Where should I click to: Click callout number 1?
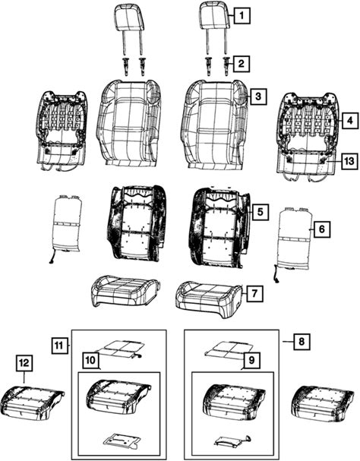pyautogui.click(x=242, y=15)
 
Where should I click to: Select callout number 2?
pyautogui.click(x=242, y=64)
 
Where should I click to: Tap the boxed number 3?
pyautogui.click(x=258, y=96)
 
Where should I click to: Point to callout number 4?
pyautogui.click(x=350, y=120)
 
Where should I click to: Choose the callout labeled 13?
pyautogui.click(x=349, y=161)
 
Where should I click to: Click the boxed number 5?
pyautogui.click(x=260, y=212)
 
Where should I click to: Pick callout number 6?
pyautogui.click(x=322, y=229)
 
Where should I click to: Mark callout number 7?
pyautogui.click(x=254, y=293)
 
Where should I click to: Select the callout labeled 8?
pyautogui.click(x=302, y=341)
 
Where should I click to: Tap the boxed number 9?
pyautogui.click(x=251, y=361)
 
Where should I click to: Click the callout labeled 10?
pyautogui.click(x=90, y=360)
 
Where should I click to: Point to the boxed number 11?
pyautogui.click(x=59, y=346)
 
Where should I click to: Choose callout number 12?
pyautogui.click(x=24, y=363)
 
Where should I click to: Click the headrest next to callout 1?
pyautogui.click(x=215, y=17)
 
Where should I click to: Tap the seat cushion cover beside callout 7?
pyautogui.click(x=209, y=299)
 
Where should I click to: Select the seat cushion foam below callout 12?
pyautogui.click(x=32, y=403)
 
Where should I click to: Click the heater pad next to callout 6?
pyautogui.click(x=294, y=240)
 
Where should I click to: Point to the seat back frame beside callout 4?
pyautogui.click(x=307, y=134)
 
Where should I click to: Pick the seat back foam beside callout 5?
pyautogui.click(x=219, y=227)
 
